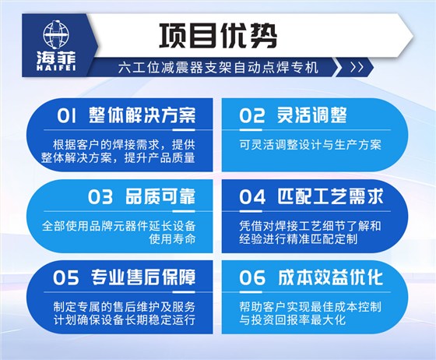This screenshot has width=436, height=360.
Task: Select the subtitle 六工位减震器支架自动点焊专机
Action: [220, 68]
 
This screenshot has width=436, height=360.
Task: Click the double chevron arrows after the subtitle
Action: [357, 68]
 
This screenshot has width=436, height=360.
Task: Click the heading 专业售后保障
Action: [144, 277]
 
